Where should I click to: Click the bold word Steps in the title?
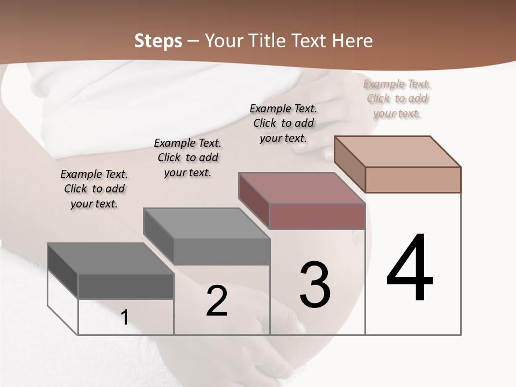tap(158, 41)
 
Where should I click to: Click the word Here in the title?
tap(350, 41)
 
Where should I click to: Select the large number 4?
tap(410, 268)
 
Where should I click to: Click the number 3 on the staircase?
tap(315, 285)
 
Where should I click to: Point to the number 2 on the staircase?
tap(217, 301)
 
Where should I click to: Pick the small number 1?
tap(125, 318)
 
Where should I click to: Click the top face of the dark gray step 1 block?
tap(110, 259)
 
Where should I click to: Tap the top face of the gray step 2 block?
tap(206, 223)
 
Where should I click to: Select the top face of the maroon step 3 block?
tap(302, 188)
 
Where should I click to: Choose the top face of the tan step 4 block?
tap(398, 151)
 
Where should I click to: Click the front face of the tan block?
tap(413, 180)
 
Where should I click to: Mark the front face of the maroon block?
tap(317, 216)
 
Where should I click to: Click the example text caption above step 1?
tap(94, 189)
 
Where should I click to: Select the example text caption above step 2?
tap(188, 157)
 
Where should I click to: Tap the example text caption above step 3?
tap(283, 123)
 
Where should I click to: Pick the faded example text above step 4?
tap(397, 98)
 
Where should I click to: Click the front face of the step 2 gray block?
tap(221, 252)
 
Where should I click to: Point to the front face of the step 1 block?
tap(126, 286)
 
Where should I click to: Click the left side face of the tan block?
tap(349, 164)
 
